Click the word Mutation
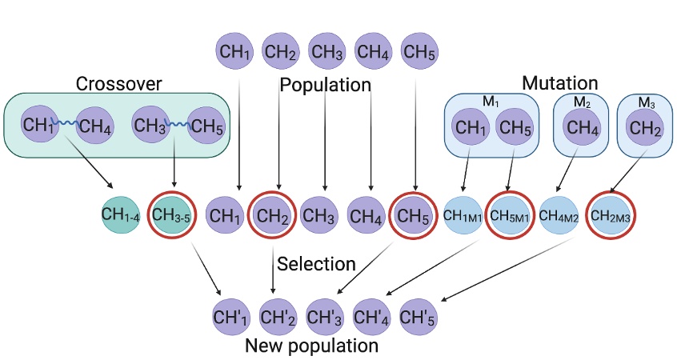(559, 82)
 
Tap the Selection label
(315, 263)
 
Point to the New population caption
(311, 346)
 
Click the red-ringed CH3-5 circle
(170, 215)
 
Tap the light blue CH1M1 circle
(465, 215)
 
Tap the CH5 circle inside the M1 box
(515, 126)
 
